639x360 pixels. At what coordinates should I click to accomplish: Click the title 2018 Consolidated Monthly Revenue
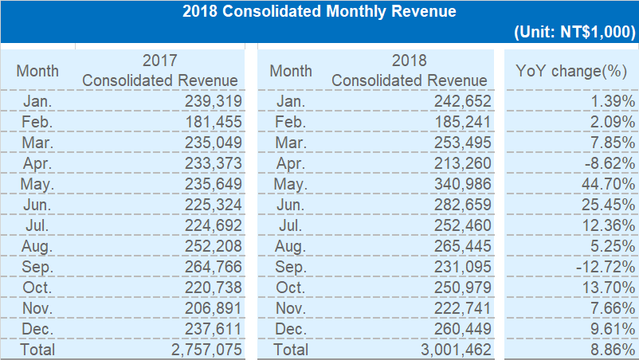(319, 12)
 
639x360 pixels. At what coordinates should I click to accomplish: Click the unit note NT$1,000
(574, 33)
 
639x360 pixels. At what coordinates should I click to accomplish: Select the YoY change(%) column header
(570, 71)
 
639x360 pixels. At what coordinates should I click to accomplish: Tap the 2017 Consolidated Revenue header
(159, 71)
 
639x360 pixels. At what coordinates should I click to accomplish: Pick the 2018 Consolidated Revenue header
(410, 71)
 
